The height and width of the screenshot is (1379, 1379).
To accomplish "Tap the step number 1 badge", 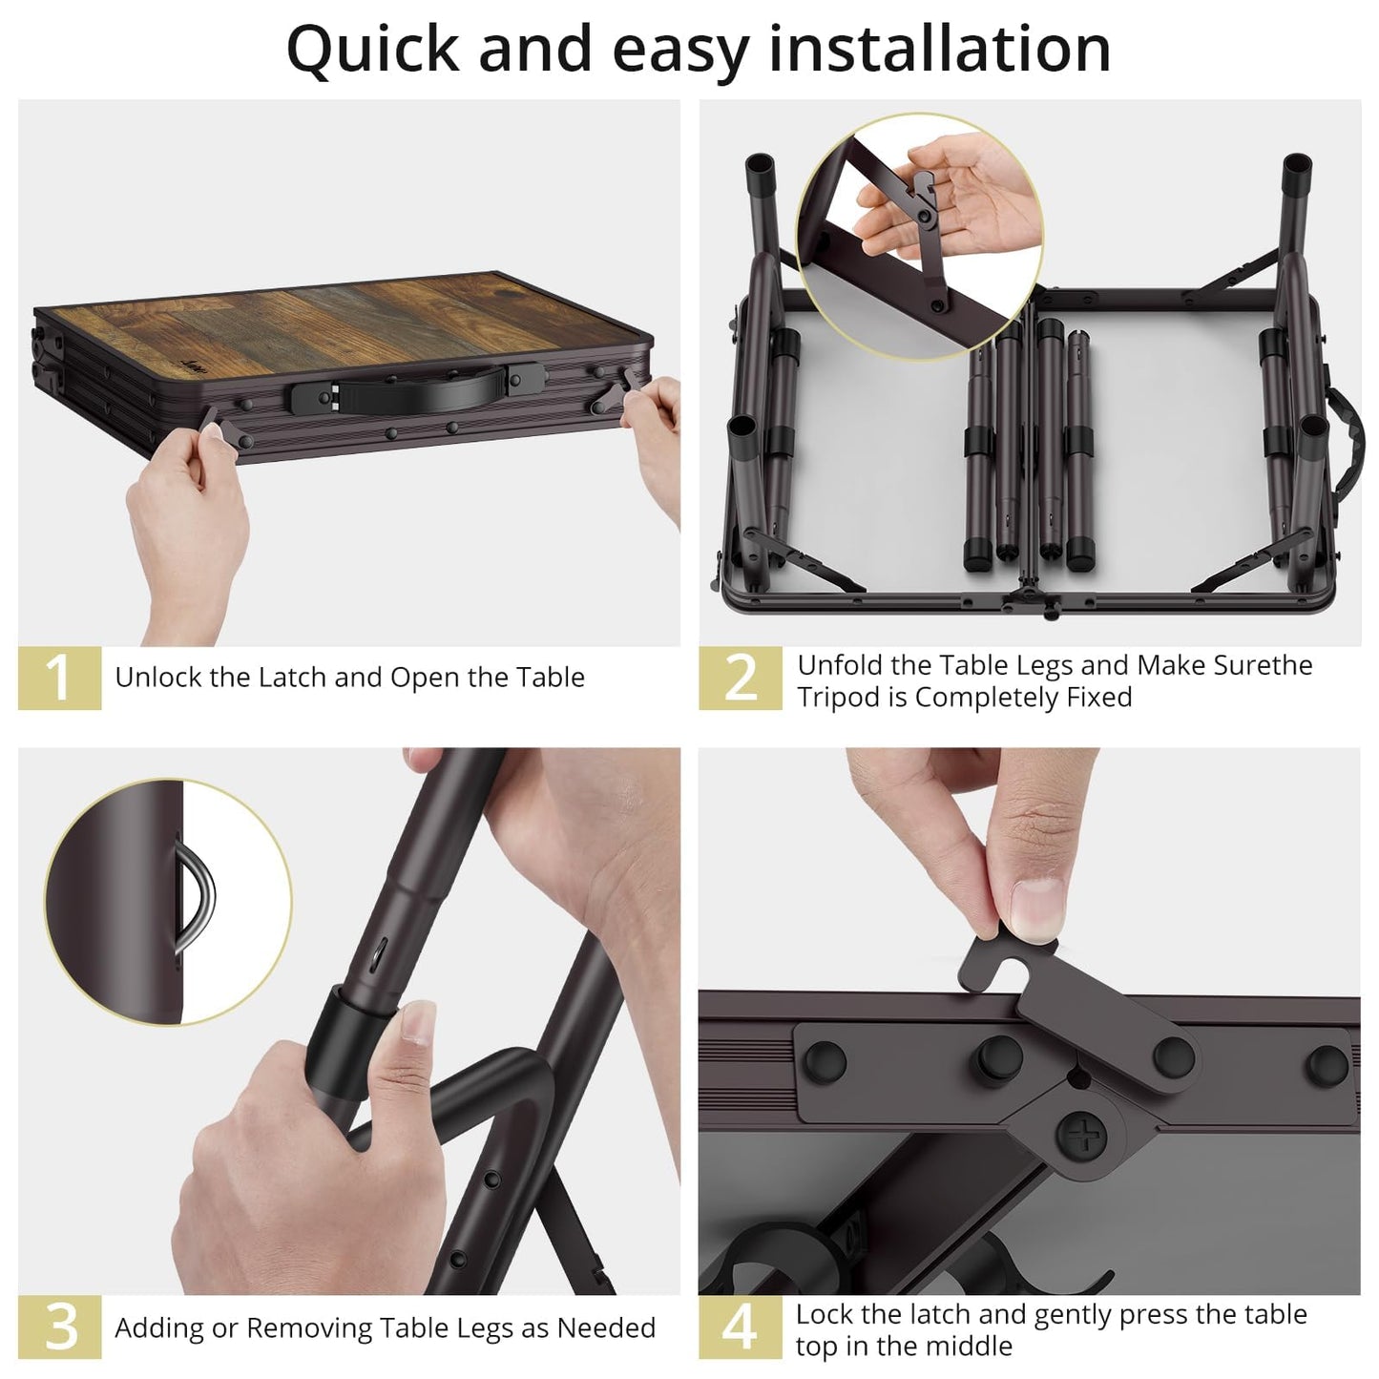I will [x=59, y=678].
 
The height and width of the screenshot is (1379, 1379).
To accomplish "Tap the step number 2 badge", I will [x=741, y=679].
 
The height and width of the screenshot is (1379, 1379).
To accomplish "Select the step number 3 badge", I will [x=59, y=1327].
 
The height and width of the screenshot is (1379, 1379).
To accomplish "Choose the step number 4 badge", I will [x=741, y=1327].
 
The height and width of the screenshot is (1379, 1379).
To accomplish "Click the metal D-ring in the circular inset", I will [x=198, y=898].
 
